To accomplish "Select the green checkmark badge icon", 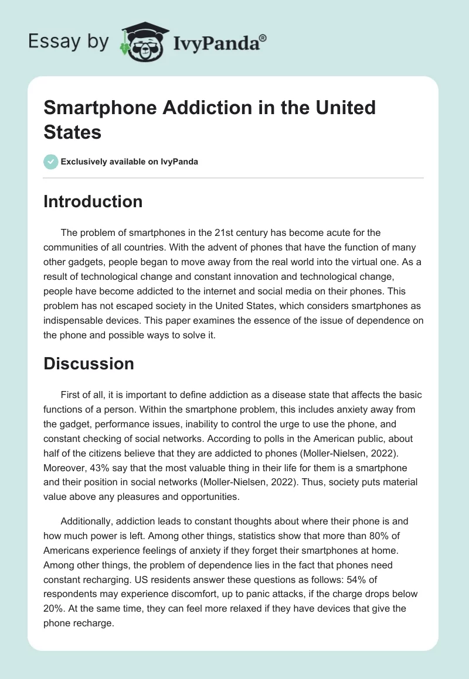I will [x=51, y=161].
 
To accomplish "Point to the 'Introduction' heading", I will [x=93, y=202].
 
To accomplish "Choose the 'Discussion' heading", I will [x=89, y=363].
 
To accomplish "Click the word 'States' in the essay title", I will [x=73, y=132].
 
